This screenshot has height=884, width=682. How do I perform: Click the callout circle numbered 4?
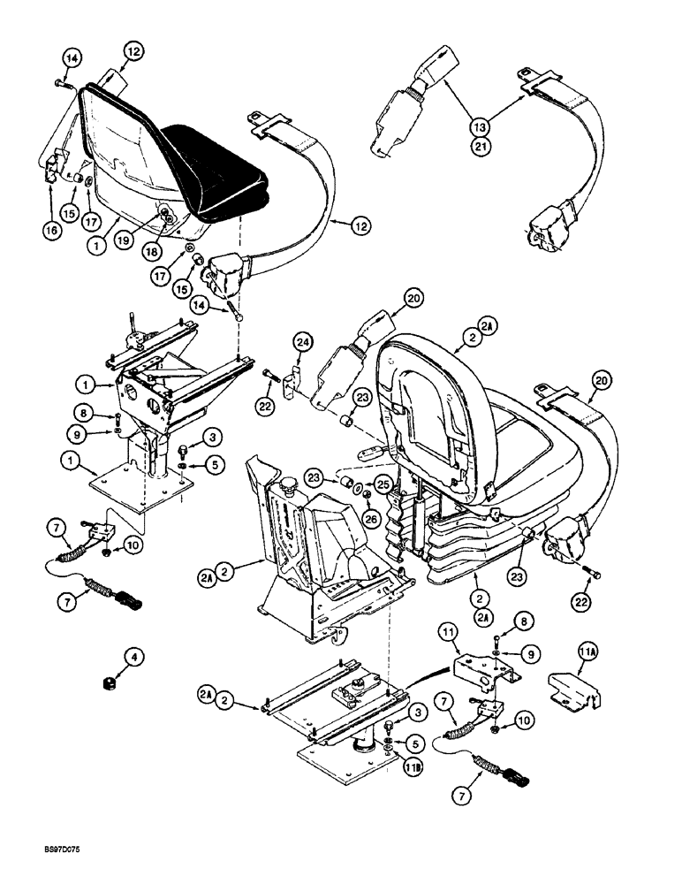pyautogui.click(x=110, y=656)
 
